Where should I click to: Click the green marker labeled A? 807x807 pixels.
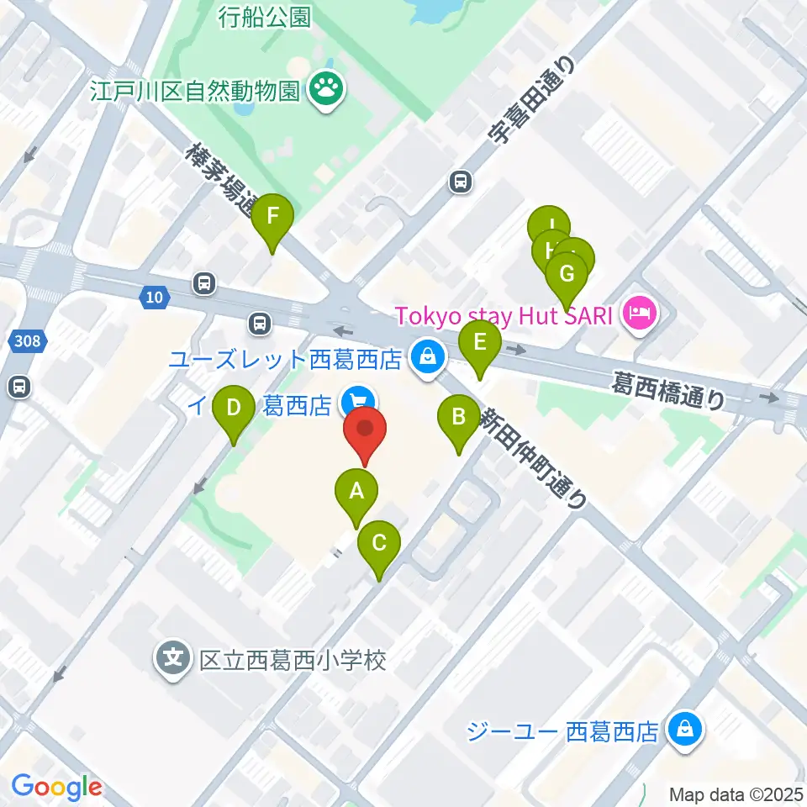tap(356, 490)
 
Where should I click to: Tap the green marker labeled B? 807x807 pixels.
tap(459, 416)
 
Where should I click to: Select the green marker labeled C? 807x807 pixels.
tap(379, 542)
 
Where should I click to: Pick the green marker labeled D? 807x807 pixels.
tap(235, 408)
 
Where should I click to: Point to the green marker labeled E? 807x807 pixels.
tap(480, 342)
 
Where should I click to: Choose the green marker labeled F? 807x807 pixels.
tap(272, 215)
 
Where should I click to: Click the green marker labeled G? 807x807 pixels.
tap(567, 274)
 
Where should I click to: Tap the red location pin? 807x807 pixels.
tap(366, 429)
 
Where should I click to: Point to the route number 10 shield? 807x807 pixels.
tap(153, 296)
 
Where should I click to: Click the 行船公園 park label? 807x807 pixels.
tap(264, 17)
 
